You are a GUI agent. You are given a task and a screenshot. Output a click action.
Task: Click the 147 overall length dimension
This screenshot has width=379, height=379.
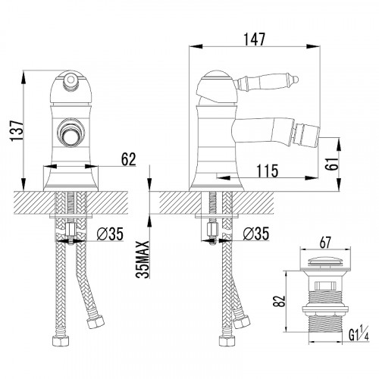point(255,39)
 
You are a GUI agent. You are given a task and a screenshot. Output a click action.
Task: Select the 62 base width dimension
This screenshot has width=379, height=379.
point(129,159)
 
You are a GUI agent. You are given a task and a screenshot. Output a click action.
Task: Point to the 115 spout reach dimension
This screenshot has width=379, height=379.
point(268,171)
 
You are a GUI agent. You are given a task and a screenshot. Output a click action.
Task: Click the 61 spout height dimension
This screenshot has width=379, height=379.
point(331,164)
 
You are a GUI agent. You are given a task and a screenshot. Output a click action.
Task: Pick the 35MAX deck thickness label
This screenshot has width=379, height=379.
point(143,259)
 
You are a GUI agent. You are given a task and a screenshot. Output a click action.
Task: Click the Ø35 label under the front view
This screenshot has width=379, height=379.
point(110,233)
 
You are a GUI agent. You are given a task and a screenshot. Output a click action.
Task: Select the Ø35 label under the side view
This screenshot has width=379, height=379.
point(256,233)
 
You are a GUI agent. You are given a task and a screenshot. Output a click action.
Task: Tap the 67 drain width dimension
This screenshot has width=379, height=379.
point(325,243)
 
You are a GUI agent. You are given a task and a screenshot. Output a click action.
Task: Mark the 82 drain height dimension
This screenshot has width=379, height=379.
point(279,301)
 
